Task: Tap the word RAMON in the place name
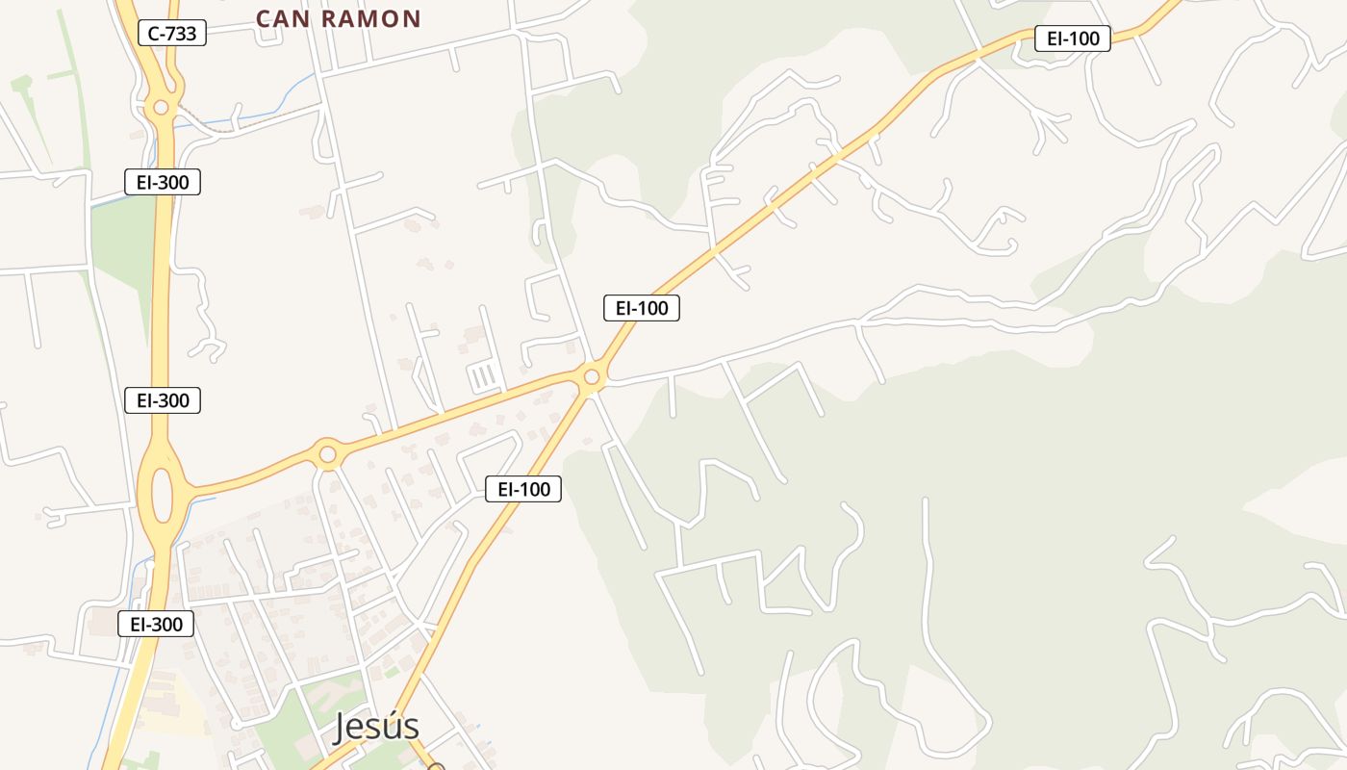(x=371, y=19)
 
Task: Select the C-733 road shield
(x=172, y=34)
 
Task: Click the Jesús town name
(x=376, y=728)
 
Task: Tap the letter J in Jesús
(x=342, y=729)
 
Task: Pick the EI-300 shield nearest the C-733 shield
(x=163, y=182)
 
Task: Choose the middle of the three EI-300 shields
(x=163, y=400)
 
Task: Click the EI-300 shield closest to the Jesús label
(x=156, y=624)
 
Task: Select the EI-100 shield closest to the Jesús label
(x=523, y=489)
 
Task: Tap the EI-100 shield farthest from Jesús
(x=1073, y=38)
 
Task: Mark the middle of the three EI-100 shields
(x=642, y=308)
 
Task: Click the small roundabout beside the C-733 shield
(x=161, y=107)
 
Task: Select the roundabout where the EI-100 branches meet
(x=592, y=376)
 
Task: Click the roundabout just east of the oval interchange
(x=328, y=453)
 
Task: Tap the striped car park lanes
(x=486, y=375)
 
